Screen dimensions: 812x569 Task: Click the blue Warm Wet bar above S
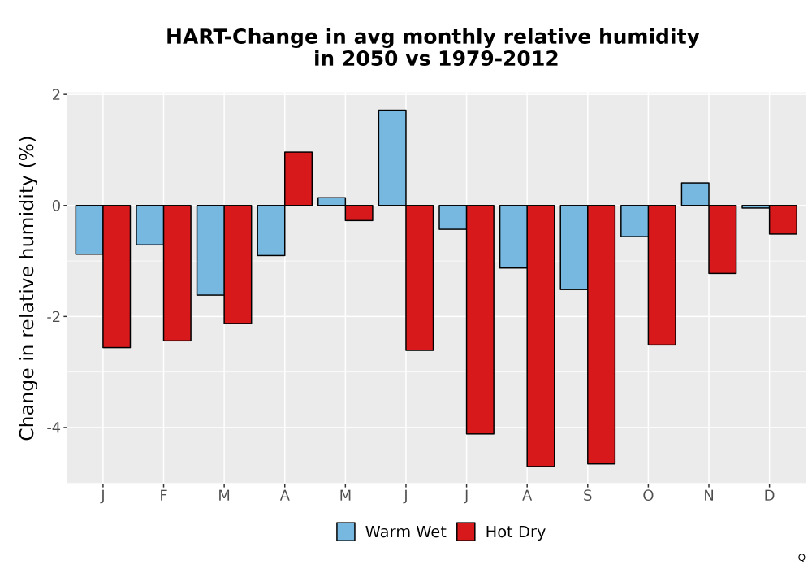click(574, 247)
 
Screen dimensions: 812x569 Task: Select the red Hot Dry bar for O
click(662, 276)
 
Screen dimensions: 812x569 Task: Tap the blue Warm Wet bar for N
click(695, 194)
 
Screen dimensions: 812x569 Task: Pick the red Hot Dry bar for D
click(783, 219)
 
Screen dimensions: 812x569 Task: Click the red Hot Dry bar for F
click(177, 273)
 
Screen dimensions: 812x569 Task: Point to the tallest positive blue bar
click(392, 158)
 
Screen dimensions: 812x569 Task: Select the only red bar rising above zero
click(298, 179)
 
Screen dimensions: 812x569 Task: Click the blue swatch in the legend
click(345, 532)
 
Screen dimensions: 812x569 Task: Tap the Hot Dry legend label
click(516, 532)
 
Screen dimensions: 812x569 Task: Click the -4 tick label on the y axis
click(54, 428)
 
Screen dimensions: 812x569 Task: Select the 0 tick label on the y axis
click(57, 206)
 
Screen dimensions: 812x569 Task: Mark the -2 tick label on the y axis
click(54, 317)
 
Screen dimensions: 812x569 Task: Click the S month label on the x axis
click(587, 496)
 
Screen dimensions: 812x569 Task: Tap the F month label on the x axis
click(163, 496)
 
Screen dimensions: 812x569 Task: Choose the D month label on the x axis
click(769, 496)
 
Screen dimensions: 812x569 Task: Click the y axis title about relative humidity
click(27, 288)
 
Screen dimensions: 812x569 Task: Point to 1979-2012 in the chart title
click(499, 58)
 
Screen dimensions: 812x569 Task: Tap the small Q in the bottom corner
click(801, 558)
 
